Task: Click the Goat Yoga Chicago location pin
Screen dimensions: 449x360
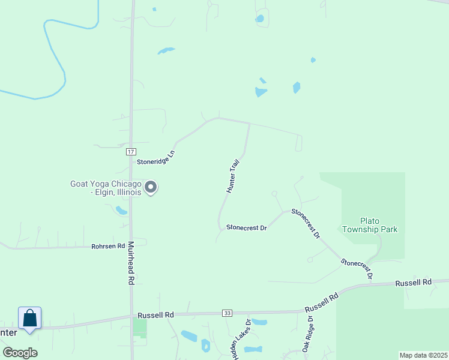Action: pyautogui.click(x=151, y=187)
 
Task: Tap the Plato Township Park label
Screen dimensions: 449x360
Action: pyautogui.click(x=370, y=225)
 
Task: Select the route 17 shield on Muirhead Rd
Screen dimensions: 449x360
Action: pyautogui.click(x=130, y=152)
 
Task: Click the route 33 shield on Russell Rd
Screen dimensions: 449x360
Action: pyautogui.click(x=226, y=313)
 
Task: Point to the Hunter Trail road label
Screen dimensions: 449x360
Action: pyautogui.click(x=233, y=176)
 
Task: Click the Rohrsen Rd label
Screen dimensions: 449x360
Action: pyautogui.click(x=108, y=246)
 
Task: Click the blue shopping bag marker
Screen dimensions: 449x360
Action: pyautogui.click(x=29, y=318)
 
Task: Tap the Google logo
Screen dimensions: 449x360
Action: pyautogui.click(x=20, y=352)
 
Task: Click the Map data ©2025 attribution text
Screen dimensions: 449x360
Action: pyautogui.click(x=423, y=355)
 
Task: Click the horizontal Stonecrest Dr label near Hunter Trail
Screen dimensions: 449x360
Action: pyautogui.click(x=246, y=227)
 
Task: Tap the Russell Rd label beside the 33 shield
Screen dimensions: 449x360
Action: pyautogui.click(x=155, y=314)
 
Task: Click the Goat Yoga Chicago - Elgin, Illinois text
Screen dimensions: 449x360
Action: pyautogui.click(x=106, y=188)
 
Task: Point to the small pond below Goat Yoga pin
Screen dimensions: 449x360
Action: pyautogui.click(x=122, y=211)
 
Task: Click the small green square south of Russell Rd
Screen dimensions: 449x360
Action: pyautogui.click(x=139, y=328)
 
